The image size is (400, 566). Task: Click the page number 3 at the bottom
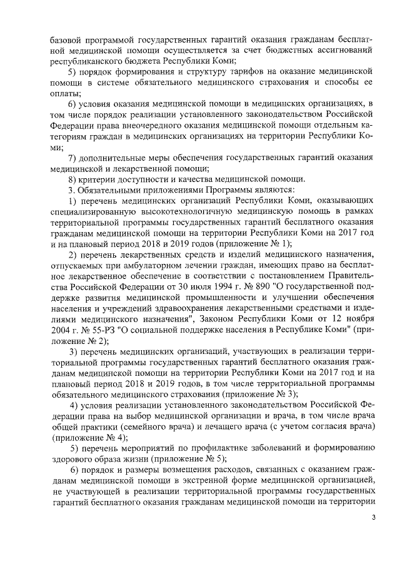click(374, 517)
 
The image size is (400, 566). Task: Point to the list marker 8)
click(72, 178)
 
